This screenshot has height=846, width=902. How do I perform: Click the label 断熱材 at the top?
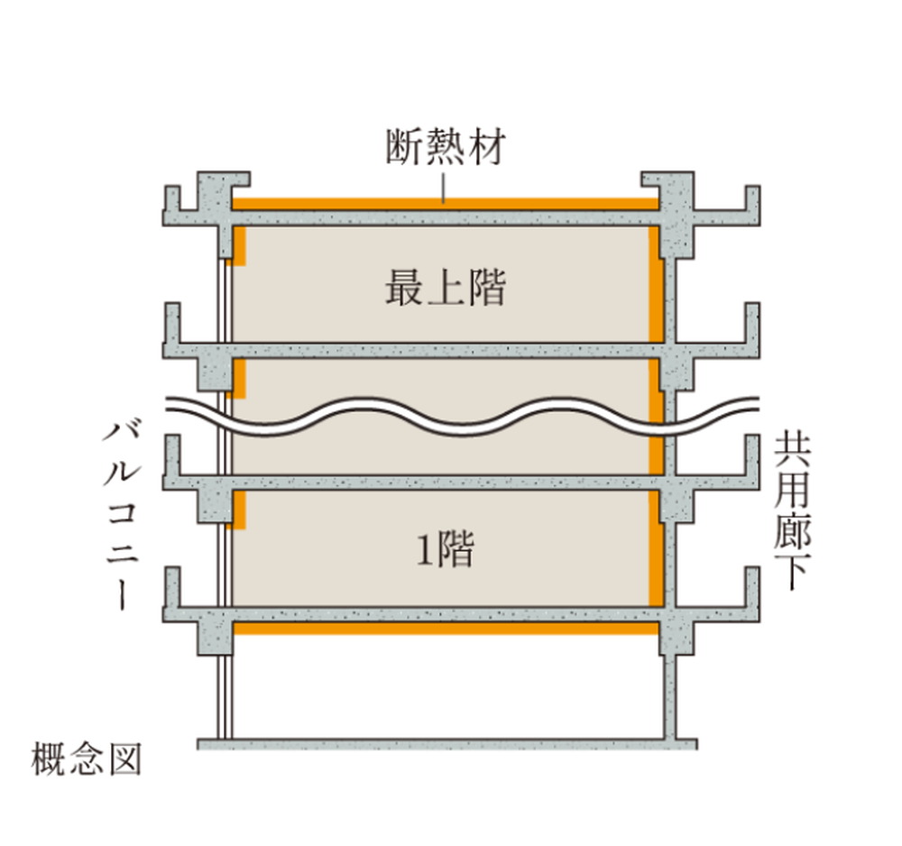coord(446,147)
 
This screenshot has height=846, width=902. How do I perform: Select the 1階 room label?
coord(446,549)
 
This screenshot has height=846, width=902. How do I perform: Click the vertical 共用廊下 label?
coord(792,512)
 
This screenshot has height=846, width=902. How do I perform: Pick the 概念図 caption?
coord(87,759)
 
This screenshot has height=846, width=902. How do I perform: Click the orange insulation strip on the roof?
coord(446,204)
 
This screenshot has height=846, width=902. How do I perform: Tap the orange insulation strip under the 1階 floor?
coord(446,628)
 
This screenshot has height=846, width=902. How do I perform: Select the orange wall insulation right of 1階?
coord(657,549)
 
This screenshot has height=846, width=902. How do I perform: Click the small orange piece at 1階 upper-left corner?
coord(239,510)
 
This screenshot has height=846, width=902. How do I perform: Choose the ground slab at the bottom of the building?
coord(447,744)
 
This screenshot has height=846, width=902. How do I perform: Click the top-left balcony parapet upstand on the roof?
coord(172,198)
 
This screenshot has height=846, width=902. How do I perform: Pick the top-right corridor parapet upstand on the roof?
coord(752,198)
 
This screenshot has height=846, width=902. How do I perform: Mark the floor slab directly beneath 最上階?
coord(446,350)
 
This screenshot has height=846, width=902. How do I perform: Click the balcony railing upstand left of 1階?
coord(172,586)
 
